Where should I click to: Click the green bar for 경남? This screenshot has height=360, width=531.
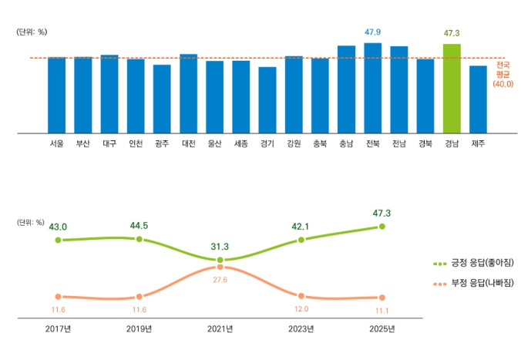click(452, 89)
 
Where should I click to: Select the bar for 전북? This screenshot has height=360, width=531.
click(373, 88)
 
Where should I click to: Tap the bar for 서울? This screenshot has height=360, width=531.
click(56, 95)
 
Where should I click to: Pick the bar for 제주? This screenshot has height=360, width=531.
click(478, 99)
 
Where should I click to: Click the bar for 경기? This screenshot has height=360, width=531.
click(267, 100)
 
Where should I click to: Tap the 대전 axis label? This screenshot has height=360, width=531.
click(188, 143)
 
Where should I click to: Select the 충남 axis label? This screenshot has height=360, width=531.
click(346, 143)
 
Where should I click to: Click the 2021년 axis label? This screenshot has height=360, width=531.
click(220, 329)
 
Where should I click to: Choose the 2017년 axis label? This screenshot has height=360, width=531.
click(58, 329)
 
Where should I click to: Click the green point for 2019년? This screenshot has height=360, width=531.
click(139, 239)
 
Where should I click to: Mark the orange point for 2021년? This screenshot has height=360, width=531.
click(220, 267)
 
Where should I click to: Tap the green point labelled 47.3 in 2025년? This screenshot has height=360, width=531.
click(381, 227)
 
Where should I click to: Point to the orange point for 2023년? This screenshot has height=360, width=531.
click(301, 296)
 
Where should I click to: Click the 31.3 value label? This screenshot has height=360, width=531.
click(220, 247)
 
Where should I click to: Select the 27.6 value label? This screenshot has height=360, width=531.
click(220, 280)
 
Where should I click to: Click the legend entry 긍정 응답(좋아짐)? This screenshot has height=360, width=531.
click(470, 263)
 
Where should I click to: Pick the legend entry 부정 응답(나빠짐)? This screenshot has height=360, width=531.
click(470, 284)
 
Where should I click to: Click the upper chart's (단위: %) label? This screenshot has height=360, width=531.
click(32, 32)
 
